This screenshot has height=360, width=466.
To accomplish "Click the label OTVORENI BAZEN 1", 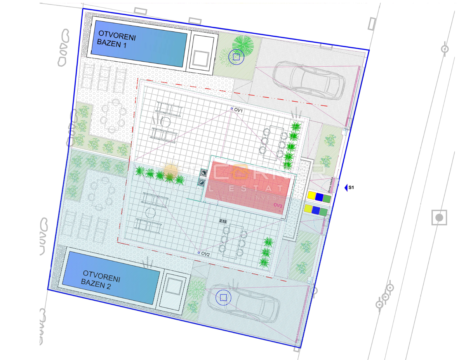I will coord(116,39).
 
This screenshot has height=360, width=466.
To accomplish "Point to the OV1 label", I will coord(238,111).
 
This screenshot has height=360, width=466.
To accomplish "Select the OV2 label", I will coord(205,254).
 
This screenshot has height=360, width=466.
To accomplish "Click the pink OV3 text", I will coord(278,205).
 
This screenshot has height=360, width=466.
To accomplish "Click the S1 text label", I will coord(351,188).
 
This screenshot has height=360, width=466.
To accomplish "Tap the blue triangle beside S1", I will coord(346,188).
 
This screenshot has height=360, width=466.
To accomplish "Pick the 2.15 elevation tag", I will coord(223,221).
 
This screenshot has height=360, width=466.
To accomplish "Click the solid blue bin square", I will coord(319,197).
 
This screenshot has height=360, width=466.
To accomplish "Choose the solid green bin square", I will coord(327,199).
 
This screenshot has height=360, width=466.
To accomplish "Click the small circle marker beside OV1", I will coord(232,109).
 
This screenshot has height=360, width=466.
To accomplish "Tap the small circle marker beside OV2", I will coord(198,253).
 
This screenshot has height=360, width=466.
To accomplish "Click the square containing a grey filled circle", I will coord(439,218).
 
